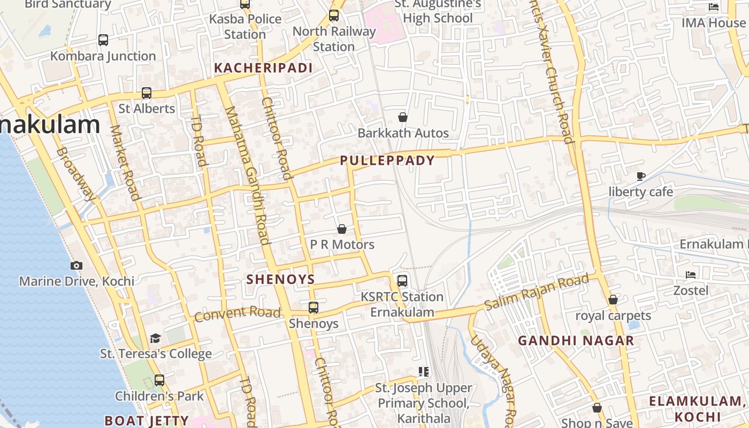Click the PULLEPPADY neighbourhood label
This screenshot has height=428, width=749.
point(387,160)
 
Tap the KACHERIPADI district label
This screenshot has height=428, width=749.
point(263,68)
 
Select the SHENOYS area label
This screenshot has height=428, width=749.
point(280,279)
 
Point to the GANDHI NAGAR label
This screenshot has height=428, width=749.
point(576,341)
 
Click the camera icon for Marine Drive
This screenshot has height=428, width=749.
point(77,265)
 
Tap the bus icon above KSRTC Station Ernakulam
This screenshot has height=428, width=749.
point(402,280)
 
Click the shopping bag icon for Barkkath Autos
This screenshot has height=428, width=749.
point(403,117)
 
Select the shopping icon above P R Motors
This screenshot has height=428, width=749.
point(342,230)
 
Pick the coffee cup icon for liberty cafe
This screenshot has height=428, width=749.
point(641,176)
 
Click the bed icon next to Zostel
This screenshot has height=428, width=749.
point(691,275)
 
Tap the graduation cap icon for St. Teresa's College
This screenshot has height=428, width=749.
point(155,338)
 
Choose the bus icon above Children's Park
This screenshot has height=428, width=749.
point(159,380)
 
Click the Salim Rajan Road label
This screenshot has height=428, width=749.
point(536,293)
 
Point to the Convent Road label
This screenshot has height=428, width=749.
point(237,314)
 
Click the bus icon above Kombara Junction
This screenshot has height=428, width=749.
point(103,40)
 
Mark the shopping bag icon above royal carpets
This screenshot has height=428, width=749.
point(613,300)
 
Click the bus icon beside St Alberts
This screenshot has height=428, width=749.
point(147,93)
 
